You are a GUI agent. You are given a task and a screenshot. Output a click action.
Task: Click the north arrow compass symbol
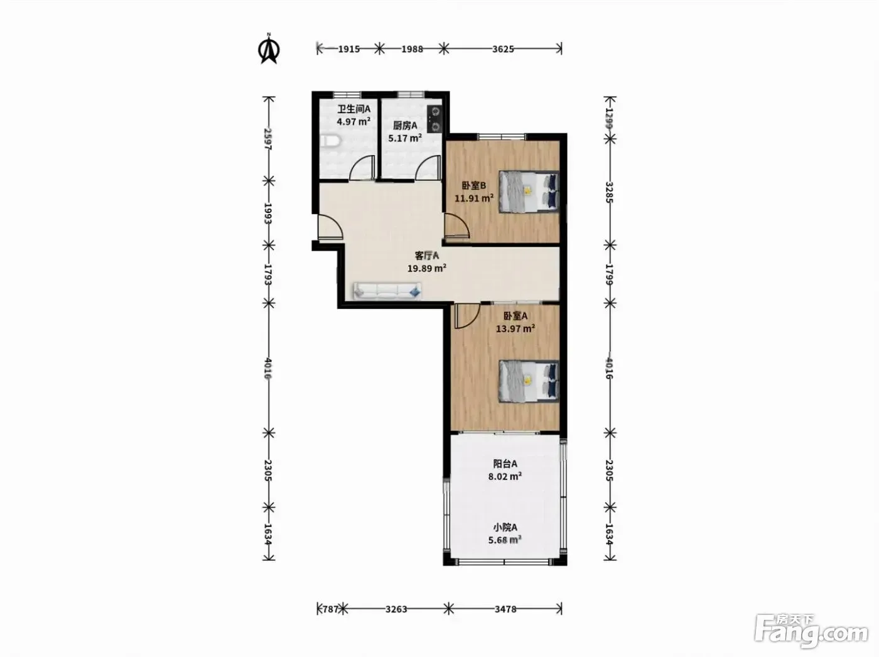[269, 49]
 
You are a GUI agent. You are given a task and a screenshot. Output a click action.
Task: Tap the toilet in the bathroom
[331, 142]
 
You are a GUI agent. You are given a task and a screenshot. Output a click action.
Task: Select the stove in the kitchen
[434, 119]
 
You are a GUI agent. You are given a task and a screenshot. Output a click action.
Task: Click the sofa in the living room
[387, 291]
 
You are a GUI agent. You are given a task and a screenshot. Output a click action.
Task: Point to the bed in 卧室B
[529, 192]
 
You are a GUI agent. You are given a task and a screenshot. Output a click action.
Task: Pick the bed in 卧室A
[529, 381]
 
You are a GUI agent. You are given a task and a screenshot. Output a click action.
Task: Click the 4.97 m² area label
[353, 121]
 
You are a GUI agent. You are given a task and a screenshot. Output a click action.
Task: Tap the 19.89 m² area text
[427, 268]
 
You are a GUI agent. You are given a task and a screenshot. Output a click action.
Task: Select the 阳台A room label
[505, 464]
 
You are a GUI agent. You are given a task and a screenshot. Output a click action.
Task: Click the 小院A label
[505, 527]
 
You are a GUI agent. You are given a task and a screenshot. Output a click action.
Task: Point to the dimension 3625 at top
[503, 49]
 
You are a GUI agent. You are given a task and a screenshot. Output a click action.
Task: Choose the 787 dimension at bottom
[331, 609]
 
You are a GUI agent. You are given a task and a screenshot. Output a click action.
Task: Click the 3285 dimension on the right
[609, 192]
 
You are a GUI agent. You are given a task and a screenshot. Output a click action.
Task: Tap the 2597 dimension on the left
[268, 139]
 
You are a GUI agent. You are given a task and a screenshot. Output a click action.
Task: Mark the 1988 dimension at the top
[413, 49]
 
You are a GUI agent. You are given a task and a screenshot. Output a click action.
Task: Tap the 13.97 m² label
[515, 328]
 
